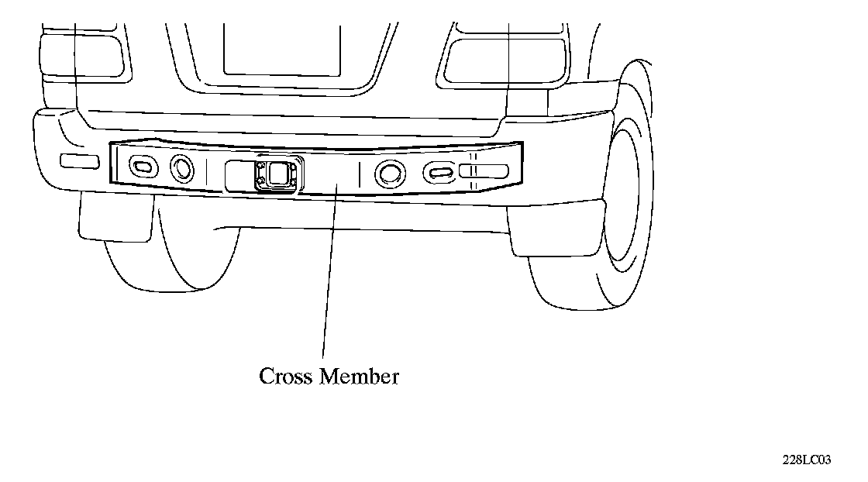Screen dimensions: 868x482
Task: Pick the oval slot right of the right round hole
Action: [x=438, y=172]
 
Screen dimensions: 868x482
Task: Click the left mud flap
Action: [x=116, y=217]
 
